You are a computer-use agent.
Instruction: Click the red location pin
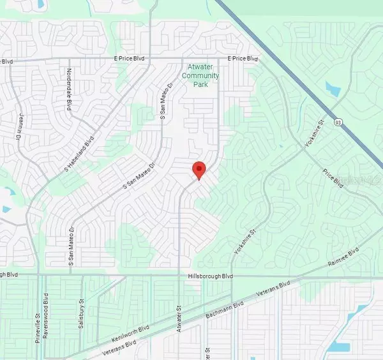[199, 170]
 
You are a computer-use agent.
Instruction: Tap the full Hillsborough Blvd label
[210, 276]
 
